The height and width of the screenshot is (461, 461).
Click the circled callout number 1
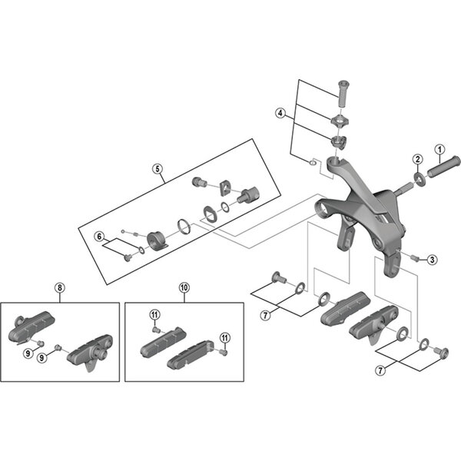439,150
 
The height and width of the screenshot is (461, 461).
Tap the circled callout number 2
417,159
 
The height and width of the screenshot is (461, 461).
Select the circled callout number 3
432,260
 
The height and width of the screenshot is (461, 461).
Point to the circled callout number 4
280,113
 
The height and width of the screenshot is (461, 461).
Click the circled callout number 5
158,169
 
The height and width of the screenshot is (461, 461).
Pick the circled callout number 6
99,237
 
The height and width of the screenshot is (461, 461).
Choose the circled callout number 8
60,287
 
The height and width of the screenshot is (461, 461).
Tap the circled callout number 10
184,287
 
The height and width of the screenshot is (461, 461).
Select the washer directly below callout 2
420,178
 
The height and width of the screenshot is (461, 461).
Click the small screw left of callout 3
415,258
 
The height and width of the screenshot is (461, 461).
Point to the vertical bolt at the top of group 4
343,94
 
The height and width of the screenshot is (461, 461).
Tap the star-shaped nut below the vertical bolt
339,121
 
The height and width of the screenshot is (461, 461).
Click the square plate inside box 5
225,187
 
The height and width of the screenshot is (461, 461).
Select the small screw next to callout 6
128,258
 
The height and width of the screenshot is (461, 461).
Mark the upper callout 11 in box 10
154,315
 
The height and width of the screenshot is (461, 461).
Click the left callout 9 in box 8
28,353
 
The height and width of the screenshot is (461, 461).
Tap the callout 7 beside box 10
266,316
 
